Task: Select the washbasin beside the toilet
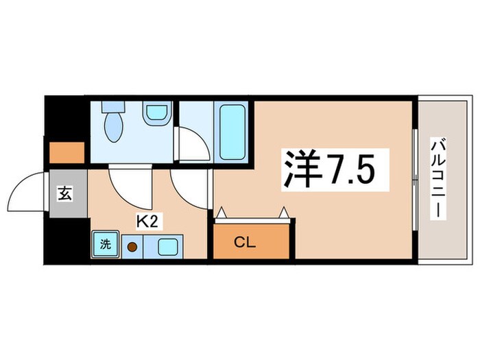[x=157, y=112]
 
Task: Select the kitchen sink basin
[x=168, y=245]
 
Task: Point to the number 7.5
[x=352, y=170]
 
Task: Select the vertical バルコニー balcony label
[x=436, y=180]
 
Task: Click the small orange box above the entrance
[x=66, y=152]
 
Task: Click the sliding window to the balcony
[x=415, y=180]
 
